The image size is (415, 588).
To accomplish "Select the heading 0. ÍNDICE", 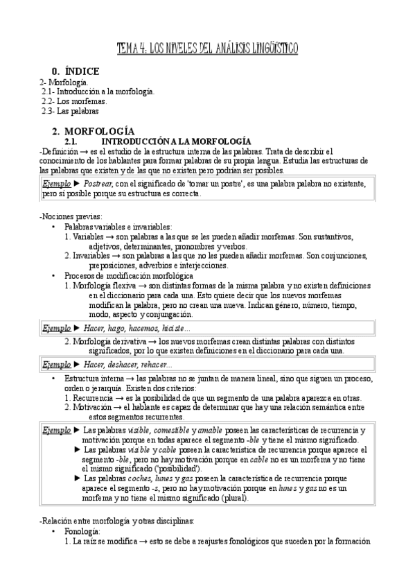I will [x=76, y=71].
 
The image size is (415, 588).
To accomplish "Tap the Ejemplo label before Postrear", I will [x=56, y=184].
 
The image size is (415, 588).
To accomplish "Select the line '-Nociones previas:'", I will [x=69, y=217].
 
